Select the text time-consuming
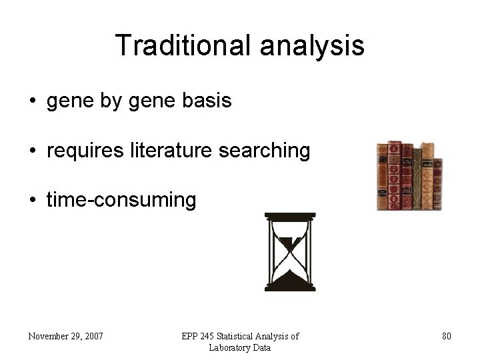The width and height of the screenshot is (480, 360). point(121,200)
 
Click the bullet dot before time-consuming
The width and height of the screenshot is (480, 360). point(32,201)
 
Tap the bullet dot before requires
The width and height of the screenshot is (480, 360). point(32,151)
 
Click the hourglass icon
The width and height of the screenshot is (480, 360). point(289,251)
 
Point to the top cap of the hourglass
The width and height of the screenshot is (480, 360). point(289,216)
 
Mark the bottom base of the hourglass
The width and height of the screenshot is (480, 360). point(289,287)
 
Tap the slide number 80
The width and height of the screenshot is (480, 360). point(447,336)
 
